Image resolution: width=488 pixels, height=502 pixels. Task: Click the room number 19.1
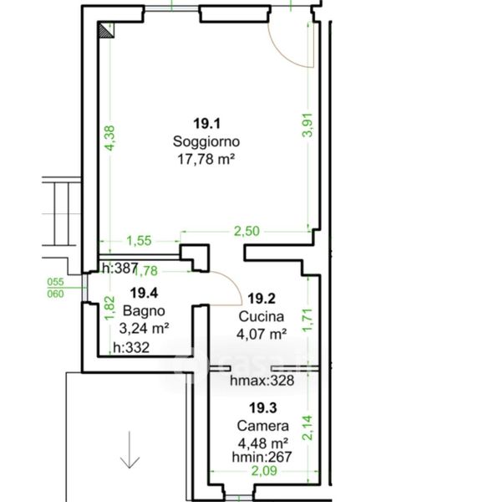[207, 123]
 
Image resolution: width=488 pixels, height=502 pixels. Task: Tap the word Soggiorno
[206, 141]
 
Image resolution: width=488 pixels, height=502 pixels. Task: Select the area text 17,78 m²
[206, 159]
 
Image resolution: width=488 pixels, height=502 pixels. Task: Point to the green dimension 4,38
[109, 138]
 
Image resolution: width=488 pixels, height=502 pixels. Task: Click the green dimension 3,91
[308, 125]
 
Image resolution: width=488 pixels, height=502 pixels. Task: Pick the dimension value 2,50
[247, 231]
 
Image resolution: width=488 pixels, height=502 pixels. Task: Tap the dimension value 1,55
[139, 241]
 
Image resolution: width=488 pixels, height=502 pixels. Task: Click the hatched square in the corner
[106, 30]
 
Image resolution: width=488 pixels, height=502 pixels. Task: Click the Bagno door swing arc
[233, 284]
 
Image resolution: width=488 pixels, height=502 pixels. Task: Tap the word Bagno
[144, 310]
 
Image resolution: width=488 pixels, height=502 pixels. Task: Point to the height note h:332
[131, 347]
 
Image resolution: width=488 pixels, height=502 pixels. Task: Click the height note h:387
[120, 268]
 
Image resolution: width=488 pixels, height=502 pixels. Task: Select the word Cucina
[262, 316]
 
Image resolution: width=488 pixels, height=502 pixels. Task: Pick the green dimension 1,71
[308, 320]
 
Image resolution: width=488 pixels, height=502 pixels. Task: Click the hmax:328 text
[262, 381]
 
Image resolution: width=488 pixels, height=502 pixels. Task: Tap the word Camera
[263, 426]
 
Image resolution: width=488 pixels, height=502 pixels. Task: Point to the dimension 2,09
[264, 471]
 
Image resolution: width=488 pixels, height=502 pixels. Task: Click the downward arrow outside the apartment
[130, 450]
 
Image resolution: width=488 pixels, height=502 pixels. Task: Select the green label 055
[56, 282]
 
